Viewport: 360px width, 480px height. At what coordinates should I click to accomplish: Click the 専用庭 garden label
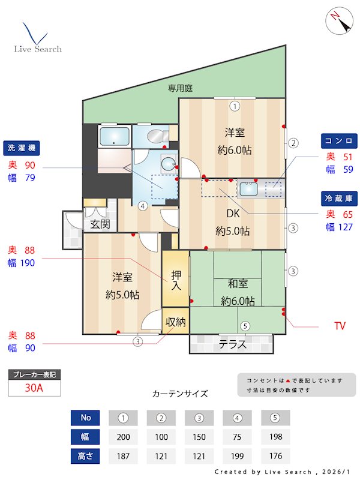click(180, 88)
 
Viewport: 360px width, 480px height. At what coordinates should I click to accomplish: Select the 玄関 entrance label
click(100, 224)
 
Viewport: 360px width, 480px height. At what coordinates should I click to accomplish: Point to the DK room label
click(233, 214)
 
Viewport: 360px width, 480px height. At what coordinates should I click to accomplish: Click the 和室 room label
click(238, 284)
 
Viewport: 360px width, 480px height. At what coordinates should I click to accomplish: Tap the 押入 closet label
click(176, 281)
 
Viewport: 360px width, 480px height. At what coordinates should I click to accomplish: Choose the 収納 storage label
click(175, 322)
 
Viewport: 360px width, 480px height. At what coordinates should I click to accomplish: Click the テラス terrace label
click(232, 344)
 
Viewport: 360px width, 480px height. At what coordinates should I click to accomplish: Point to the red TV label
click(340, 326)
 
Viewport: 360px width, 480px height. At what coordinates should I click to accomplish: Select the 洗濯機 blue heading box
click(22, 147)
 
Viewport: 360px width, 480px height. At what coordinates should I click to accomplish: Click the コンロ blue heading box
click(339, 141)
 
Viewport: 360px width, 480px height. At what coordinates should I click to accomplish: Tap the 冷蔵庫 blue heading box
click(339, 199)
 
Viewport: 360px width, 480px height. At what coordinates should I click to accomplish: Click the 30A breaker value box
click(34, 388)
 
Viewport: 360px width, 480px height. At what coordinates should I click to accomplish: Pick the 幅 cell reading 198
click(275, 437)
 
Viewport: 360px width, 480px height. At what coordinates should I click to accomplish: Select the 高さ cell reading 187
click(123, 455)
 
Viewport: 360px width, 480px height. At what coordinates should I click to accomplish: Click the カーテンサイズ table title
click(180, 394)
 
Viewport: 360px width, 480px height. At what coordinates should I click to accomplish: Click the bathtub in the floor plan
click(114, 136)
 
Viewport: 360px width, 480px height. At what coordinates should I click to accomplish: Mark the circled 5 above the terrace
click(245, 326)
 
